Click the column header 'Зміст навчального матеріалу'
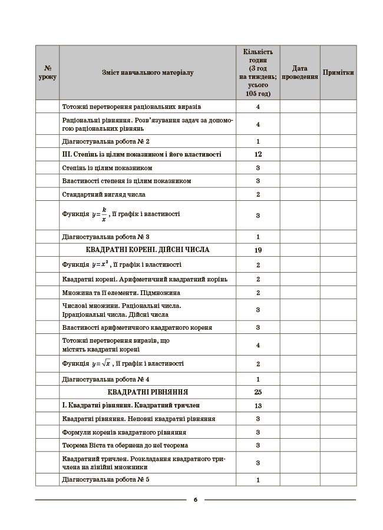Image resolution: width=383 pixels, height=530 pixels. point(147,72)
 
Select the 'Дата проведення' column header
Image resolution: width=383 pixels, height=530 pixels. point(300,72)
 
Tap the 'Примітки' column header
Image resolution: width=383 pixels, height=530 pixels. point(338,72)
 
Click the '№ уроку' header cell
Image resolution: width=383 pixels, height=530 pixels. point(47,72)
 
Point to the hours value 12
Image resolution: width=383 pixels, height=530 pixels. point(258,154)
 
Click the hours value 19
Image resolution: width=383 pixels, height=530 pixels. point(258,250)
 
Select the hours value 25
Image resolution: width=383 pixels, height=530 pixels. point(258,391)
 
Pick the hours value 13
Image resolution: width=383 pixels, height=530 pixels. point(258,405)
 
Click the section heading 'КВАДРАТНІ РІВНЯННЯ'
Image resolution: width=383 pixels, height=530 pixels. point(148,391)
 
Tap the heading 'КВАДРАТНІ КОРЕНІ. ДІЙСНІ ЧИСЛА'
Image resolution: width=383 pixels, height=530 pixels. point(148,250)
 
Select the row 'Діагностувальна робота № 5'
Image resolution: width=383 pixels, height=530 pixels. point(106,479)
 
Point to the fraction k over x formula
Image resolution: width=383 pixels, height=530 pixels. point(104,214)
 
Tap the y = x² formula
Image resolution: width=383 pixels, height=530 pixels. point(101,264)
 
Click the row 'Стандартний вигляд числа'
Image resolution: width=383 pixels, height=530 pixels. point(104,194)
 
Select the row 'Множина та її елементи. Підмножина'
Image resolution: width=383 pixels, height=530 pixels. point(121,292)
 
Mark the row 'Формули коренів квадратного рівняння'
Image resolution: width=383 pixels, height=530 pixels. point(120,432)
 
